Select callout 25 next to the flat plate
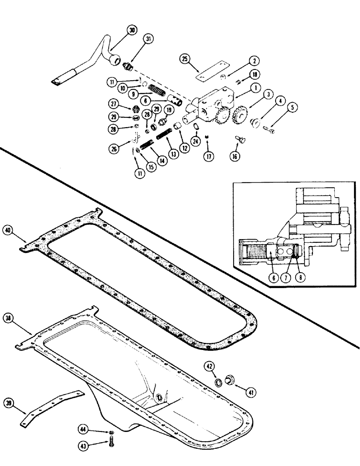185,59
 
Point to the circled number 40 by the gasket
7,230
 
